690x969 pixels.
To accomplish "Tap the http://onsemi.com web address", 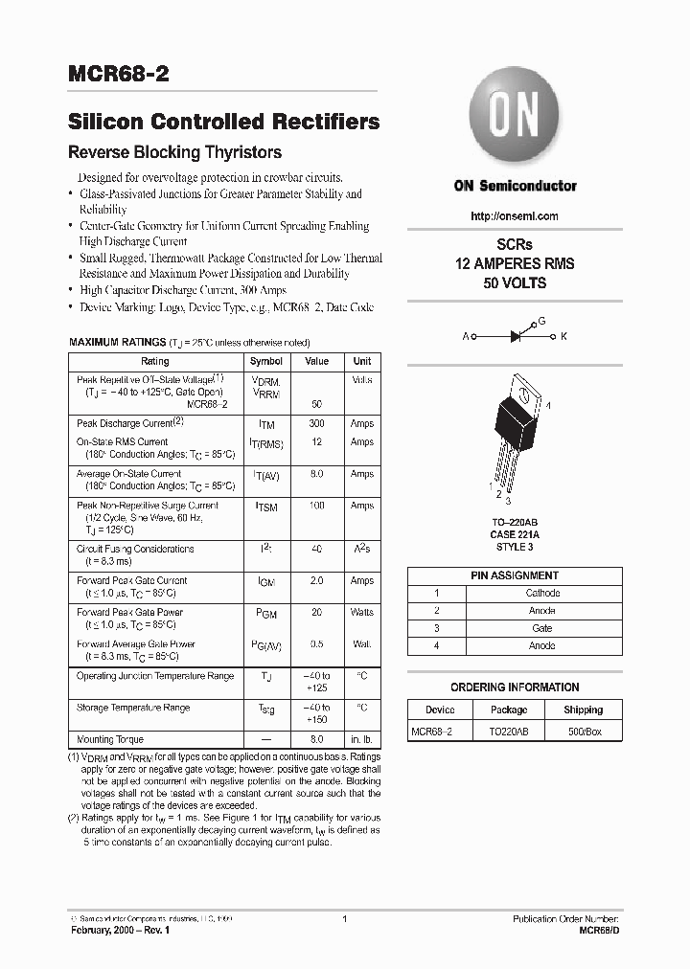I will [515, 216].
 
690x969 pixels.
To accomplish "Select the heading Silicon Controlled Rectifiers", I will [223, 123].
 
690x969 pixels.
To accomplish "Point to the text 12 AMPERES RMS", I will [515, 264].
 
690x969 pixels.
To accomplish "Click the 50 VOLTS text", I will [515, 283].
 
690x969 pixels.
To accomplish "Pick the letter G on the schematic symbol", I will [540, 322].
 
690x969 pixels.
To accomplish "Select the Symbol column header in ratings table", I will [265, 362].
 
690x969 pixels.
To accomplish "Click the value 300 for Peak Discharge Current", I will [316, 423].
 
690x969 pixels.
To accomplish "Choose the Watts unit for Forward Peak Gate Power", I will [361, 612].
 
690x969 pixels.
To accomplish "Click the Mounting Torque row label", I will [109, 740].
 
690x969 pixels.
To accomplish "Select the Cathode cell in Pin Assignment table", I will [542, 593].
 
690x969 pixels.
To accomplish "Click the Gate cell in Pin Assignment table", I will [542, 628].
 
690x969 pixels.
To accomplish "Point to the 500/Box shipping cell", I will [583, 732].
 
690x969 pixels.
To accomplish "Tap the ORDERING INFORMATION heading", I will [515, 687].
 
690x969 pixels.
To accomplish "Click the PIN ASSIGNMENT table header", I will [515, 575].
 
